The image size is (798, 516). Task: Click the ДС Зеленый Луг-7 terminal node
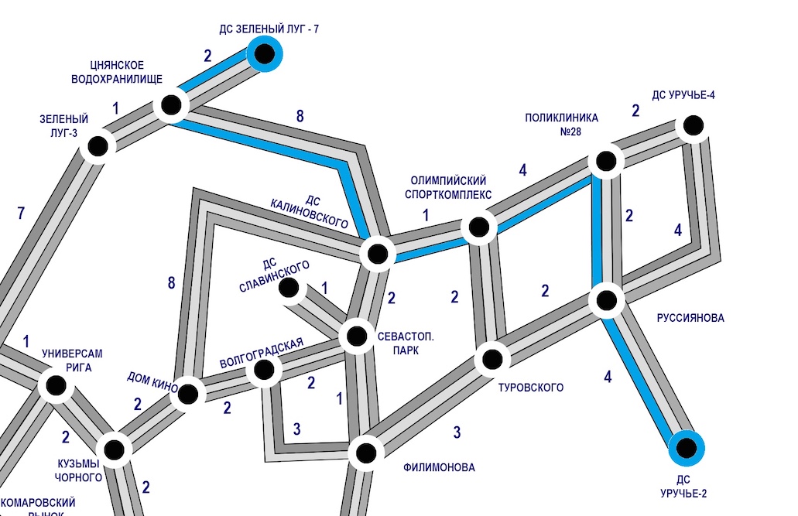pos(265,54)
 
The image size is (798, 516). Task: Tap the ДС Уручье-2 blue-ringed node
pos(686,446)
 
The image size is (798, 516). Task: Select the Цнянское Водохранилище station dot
pos(171,104)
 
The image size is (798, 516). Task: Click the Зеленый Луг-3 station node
pos(98,145)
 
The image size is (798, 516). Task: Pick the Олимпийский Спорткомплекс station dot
pos(478,227)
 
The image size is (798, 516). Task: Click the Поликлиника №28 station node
pos(605,162)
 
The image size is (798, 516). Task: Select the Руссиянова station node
pos(606,299)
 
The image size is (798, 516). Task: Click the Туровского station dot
pos(491,359)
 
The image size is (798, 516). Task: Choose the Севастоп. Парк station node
pos(357,337)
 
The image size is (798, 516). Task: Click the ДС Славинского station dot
pos(289,288)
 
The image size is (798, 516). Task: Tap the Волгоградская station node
pos(263,371)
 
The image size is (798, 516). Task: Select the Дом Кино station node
pos(187,393)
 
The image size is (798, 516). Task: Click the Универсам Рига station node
pos(56,385)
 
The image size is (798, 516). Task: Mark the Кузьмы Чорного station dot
pos(113,448)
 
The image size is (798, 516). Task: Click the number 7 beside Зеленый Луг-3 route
pos(21,214)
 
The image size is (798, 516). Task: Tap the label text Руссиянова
pos(690,318)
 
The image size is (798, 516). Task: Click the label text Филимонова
pos(439,467)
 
